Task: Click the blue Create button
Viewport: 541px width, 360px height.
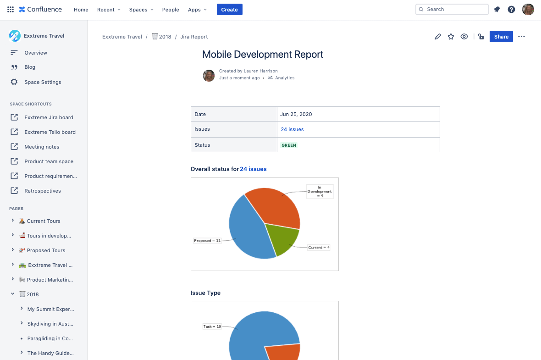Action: coord(229,10)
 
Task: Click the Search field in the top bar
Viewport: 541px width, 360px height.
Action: coord(452,9)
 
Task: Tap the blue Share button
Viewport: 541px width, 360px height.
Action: coord(501,37)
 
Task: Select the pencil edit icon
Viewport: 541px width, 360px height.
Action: coord(438,37)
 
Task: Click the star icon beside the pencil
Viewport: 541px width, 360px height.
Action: coord(451,37)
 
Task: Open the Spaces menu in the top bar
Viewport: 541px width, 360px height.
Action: coord(141,10)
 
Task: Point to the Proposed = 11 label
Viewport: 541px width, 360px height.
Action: coord(207,240)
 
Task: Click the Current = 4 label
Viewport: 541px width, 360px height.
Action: coord(319,248)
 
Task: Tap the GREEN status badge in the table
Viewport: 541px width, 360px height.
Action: coord(289,145)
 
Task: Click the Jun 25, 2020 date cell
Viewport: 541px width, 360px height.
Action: coord(296,114)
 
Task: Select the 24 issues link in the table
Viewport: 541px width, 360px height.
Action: coord(292,129)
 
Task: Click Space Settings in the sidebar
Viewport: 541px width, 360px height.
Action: coord(43,82)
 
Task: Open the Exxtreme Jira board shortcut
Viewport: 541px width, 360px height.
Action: coord(49,117)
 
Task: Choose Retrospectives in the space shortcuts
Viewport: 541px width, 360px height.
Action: coord(43,191)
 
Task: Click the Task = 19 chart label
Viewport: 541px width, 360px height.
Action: coord(212,327)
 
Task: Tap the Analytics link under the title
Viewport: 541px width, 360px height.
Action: coord(285,78)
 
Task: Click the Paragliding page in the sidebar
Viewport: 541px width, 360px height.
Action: coord(50,338)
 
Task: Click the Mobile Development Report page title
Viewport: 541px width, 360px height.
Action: coord(263,55)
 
